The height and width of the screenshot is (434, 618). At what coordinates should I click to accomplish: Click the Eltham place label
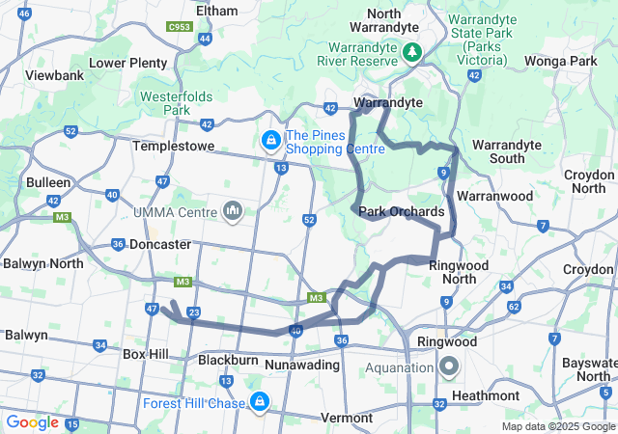[216, 11]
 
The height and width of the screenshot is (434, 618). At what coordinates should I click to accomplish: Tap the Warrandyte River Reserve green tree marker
[412, 50]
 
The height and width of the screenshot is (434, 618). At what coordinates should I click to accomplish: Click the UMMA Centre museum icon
[233, 210]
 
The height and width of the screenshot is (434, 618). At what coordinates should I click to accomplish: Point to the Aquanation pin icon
[449, 366]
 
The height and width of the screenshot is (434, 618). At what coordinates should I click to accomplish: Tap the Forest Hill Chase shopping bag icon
[259, 401]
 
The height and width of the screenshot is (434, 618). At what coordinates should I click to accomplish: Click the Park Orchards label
[401, 211]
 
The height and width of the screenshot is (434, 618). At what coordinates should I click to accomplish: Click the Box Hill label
[146, 354]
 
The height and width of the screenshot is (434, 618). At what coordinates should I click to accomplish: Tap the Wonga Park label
[561, 61]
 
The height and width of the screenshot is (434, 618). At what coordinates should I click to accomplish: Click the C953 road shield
[179, 27]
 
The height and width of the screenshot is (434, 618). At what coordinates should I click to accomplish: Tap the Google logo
[32, 422]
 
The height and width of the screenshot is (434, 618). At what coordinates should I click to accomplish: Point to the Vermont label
[345, 418]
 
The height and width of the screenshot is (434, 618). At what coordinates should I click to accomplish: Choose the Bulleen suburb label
[48, 182]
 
